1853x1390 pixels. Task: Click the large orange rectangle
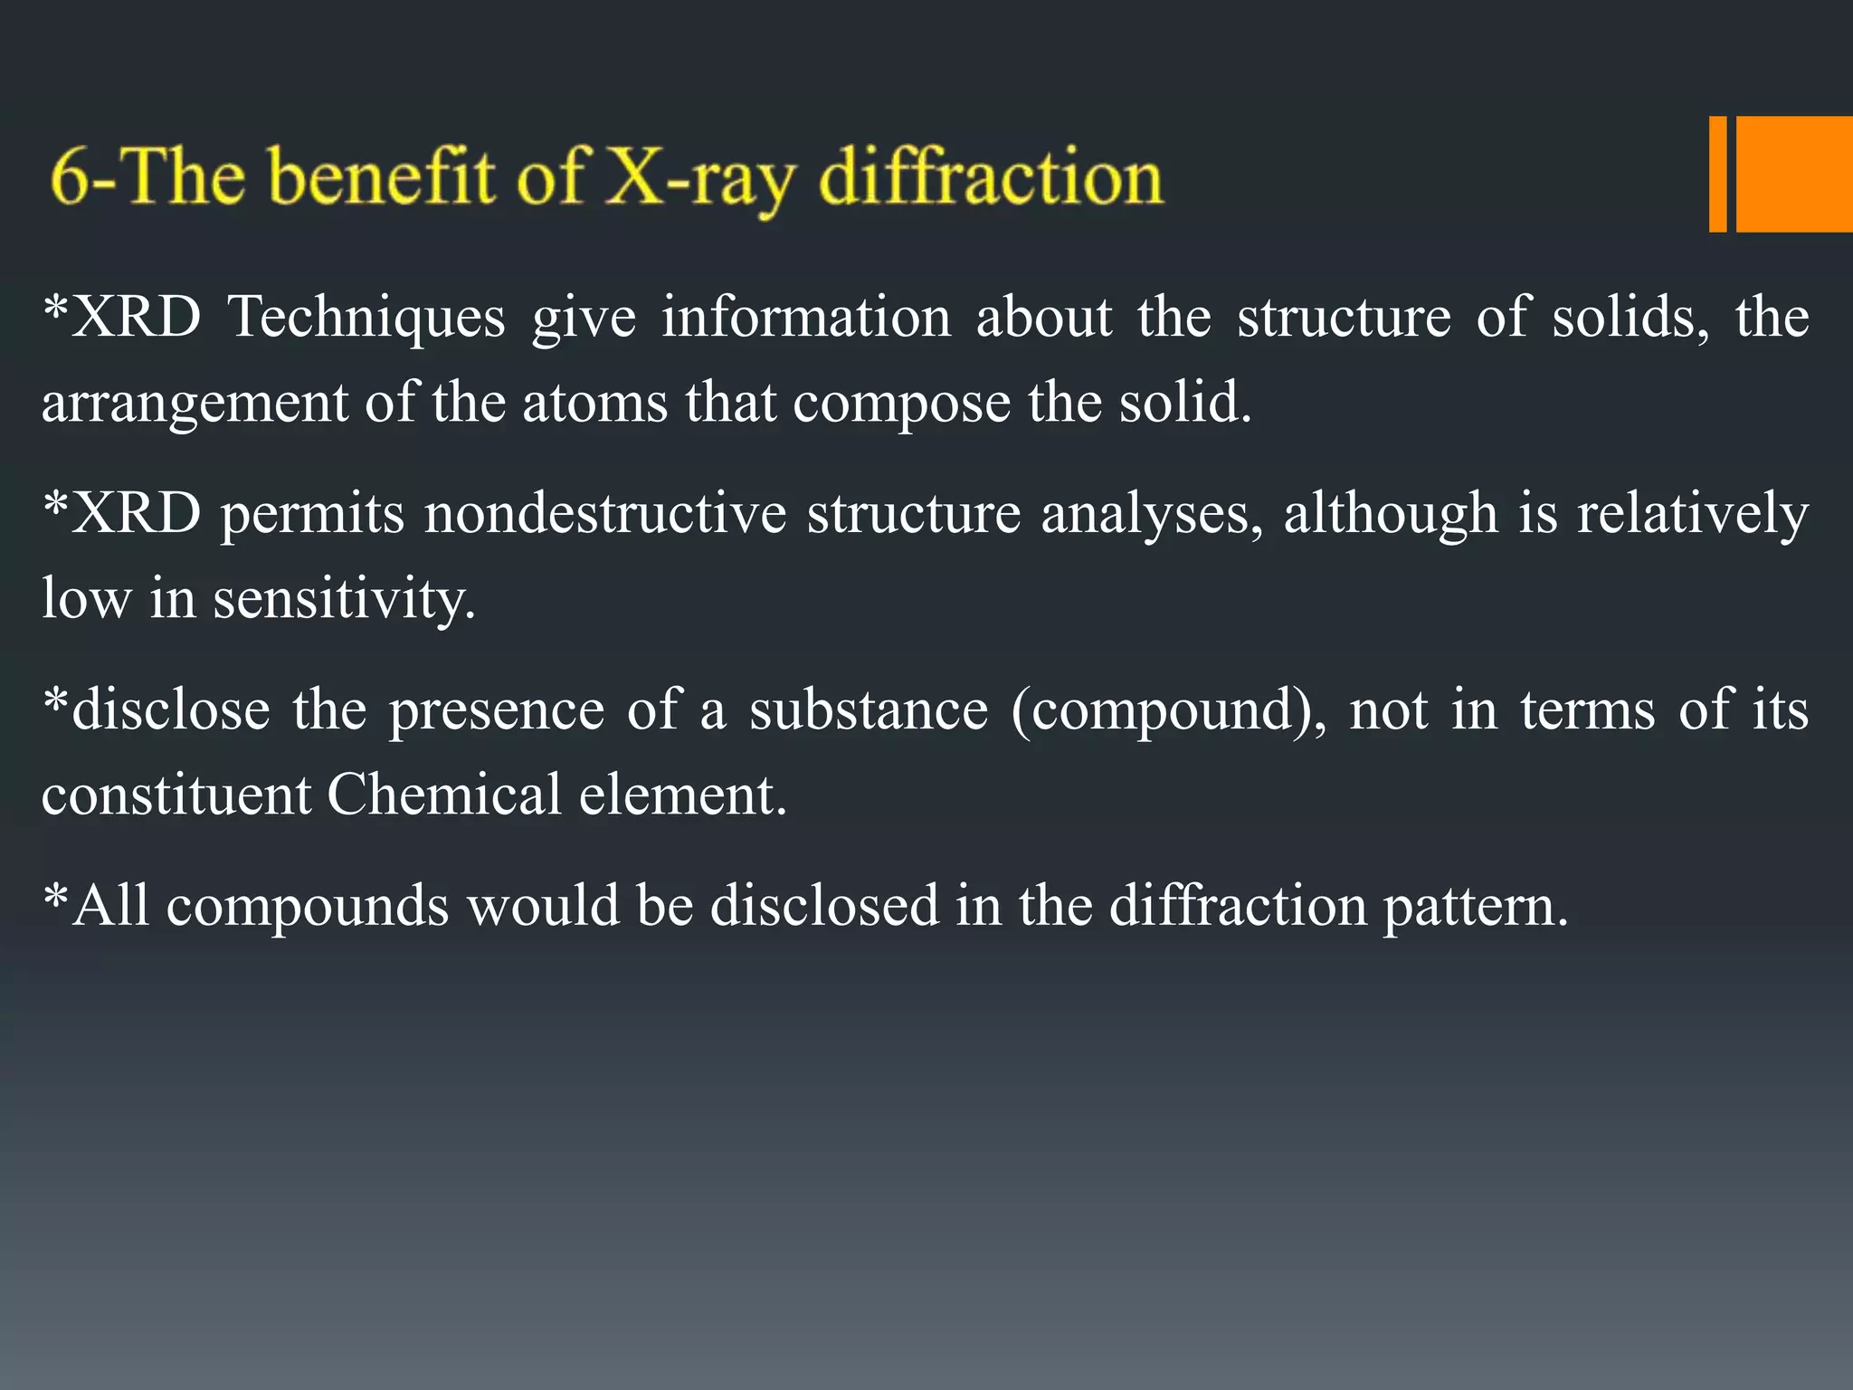[x=1794, y=174]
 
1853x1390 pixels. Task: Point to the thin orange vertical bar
[x=1717, y=174]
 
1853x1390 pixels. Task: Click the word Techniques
[x=366, y=319]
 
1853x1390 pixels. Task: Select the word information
[x=805, y=319]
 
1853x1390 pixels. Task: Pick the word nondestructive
[x=605, y=514]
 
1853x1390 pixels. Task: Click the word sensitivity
[x=344, y=600]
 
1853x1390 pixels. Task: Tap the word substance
[x=869, y=709]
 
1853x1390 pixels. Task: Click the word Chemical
[x=443, y=795]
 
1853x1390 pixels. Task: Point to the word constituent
[x=176, y=795]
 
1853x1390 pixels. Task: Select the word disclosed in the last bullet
[x=824, y=906]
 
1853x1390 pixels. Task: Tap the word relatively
[x=1692, y=514]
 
